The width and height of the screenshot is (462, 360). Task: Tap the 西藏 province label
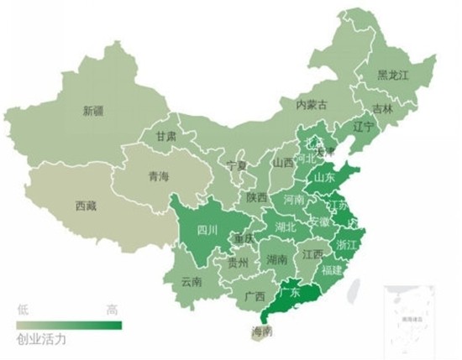pyautogui.click(x=86, y=204)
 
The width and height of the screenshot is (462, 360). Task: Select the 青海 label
pyautogui.click(x=159, y=176)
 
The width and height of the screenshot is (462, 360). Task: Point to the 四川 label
pyautogui.click(x=207, y=229)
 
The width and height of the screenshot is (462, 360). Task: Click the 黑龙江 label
pyautogui.click(x=393, y=76)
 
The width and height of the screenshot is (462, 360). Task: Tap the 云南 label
pyautogui.click(x=192, y=282)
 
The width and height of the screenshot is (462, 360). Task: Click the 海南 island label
pyautogui.click(x=261, y=332)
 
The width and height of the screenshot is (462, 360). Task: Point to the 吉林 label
pyautogui.click(x=382, y=108)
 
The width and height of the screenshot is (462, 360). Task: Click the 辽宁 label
pyautogui.click(x=363, y=127)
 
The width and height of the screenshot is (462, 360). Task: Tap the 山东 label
pyautogui.click(x=324, y=177)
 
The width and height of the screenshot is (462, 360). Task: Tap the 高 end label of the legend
pyautogui.click(x=113, y=310)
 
